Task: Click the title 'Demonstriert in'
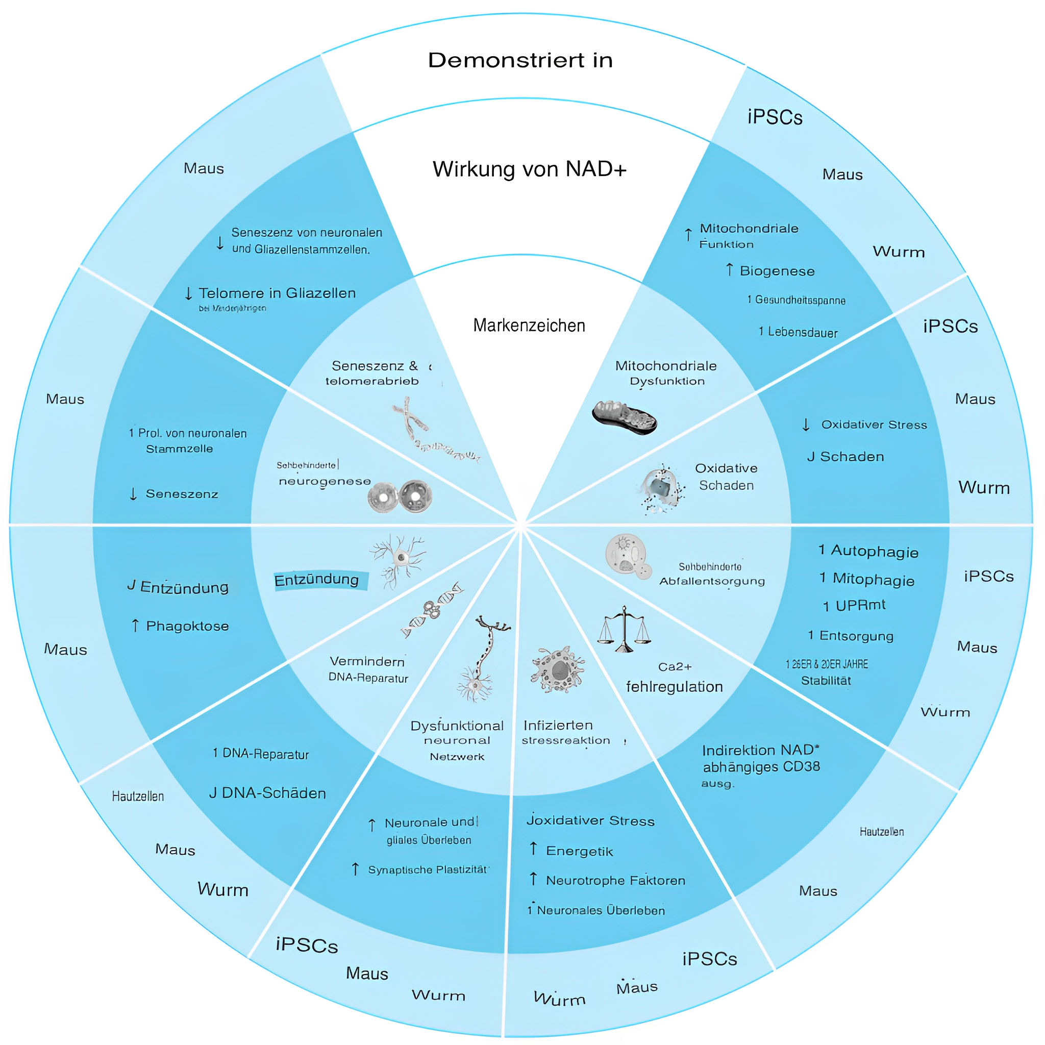[520, 60]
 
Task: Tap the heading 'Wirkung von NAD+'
[529, 169]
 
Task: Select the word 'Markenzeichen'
[529, 326]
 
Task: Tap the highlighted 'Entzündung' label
[317, 580]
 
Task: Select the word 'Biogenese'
[777, 271]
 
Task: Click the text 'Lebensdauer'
[803, 332]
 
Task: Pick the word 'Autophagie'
[874, 551]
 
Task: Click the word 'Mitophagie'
[873, 579]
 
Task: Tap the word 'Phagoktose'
[187, 627]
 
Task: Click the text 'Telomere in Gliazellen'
[277, 293]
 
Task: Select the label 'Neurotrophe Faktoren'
[615, 881]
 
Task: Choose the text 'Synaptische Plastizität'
[427, 870]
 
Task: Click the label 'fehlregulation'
[674, 687]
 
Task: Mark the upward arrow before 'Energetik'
[533, 849]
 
